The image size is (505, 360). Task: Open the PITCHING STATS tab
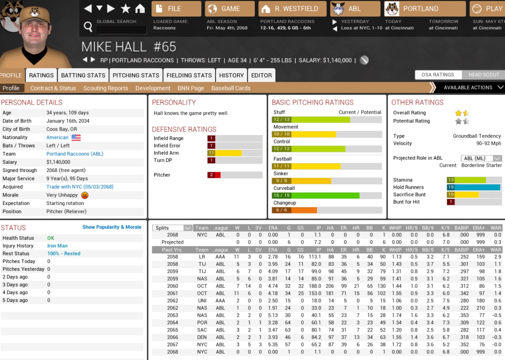136,75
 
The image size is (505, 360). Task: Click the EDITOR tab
261,75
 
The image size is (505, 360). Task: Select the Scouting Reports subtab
106,88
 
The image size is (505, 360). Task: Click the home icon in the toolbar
140,8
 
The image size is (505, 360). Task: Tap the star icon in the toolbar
125,8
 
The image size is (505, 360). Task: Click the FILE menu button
176,9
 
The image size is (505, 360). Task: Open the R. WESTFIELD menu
292,9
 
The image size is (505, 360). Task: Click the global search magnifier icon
88,26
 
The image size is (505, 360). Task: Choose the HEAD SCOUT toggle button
483,75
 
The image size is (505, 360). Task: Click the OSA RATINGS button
437,75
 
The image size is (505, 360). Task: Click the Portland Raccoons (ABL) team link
75,154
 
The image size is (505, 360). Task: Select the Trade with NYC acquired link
80,187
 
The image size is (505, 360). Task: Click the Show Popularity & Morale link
112,227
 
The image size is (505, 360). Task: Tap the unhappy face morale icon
85,195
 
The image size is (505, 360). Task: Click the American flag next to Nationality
76,138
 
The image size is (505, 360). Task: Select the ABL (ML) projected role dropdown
481,158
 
